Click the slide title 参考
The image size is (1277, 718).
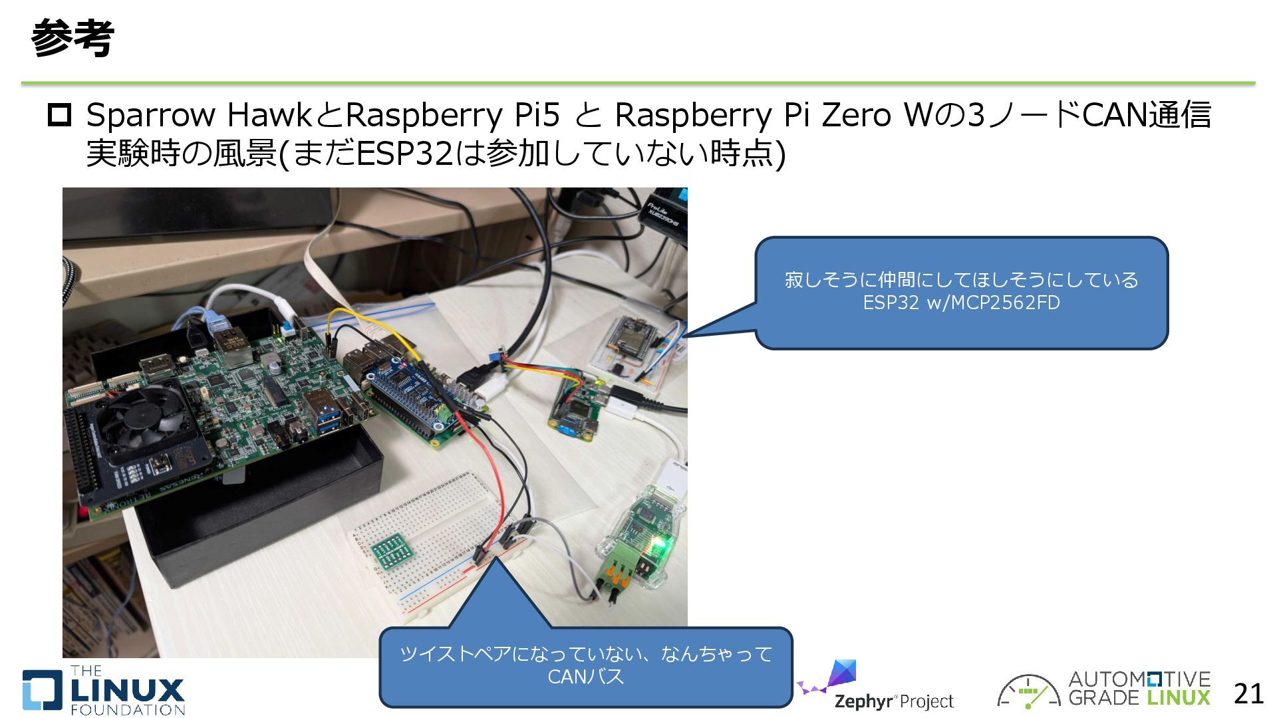point(72,38)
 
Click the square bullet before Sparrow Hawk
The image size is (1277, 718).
point(59,116)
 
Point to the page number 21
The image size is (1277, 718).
point(1248,694)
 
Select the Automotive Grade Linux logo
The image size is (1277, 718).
point(1104,689)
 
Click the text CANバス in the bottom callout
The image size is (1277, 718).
point(585,677)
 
